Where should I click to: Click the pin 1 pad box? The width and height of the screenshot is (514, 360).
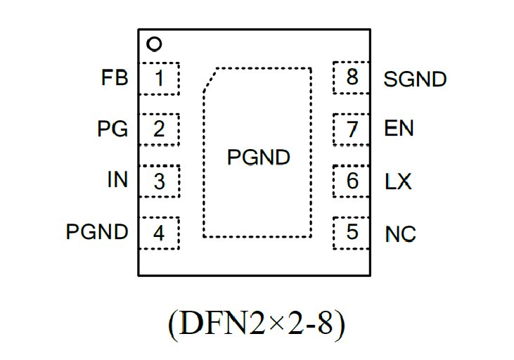[x=159, y=78]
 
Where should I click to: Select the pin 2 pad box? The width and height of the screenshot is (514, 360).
[x=159, y=129]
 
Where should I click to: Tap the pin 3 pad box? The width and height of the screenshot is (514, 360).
[x=159, y=181]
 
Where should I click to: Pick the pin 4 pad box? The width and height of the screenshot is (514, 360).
[x=159, y=233]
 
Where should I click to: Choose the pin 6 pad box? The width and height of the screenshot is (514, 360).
[x=352, y=181]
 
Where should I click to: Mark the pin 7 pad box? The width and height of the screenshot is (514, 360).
[x=352, y=129]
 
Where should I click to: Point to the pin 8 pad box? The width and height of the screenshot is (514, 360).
[x=352, y=77]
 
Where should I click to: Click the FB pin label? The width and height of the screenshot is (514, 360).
[x=115, y=78]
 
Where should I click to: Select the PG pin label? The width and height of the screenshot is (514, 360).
[x=113, y=129]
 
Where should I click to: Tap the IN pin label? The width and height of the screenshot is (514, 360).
[x=117, y=180]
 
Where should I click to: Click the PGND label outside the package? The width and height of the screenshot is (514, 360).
[x=97, y=232]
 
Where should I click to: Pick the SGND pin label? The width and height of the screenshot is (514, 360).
[x=415, y=79]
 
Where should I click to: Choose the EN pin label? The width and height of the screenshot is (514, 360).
[x=399, y=129]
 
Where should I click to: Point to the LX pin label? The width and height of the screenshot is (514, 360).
[x=398, y=181]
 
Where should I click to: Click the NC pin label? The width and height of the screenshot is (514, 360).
[x=400, y=233]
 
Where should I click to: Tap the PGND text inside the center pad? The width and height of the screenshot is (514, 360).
[x=258, y=158]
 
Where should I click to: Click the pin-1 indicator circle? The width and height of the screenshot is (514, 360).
[x=154, y=44]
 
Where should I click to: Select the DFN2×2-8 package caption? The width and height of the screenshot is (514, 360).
[x=257, y=323]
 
